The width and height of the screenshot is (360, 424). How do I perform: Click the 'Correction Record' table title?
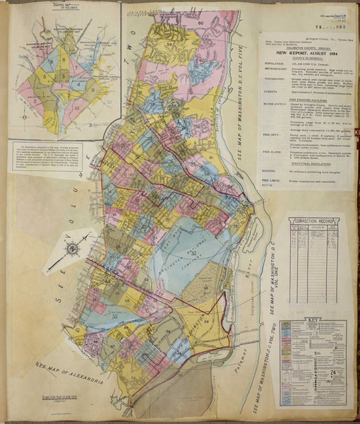pos(316,223)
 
